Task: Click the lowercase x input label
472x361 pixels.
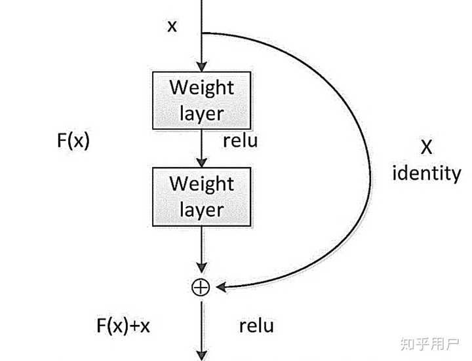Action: click(172, 26)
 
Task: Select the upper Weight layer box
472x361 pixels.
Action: click(202, 100)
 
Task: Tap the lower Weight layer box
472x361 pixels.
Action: click(202, 197)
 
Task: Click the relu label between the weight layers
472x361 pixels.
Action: click(240, 141)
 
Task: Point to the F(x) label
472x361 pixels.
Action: click(73, 140)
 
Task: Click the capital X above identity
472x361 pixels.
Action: click(426, 147)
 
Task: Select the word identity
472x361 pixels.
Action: click(427, 173)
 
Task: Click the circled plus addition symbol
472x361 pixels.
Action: click(201, 288)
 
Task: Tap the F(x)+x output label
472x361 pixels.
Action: click(123, 326)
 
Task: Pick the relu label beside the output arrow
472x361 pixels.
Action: click(256, 326)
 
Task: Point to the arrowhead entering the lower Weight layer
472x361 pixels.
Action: click(202, 162)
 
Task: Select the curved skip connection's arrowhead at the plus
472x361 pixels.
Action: click(222, 288)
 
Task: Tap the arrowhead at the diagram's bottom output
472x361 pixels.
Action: click(202, 356)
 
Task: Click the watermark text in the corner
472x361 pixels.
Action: click(429, 344)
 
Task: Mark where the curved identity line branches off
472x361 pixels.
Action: click(202, 33)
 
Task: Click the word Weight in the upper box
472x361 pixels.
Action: click(202, 88)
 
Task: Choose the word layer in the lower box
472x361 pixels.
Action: click(202, 210)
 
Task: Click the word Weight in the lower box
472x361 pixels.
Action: click(202, 184)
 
